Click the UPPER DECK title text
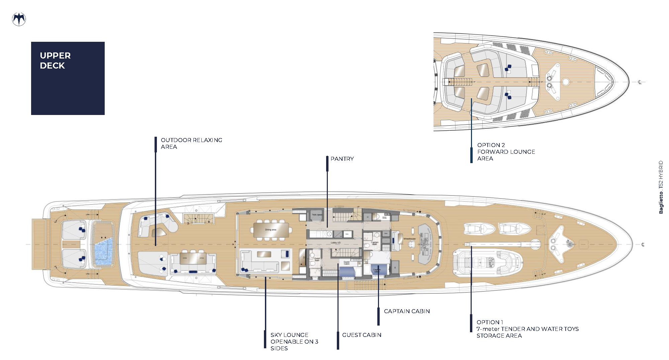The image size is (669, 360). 55,61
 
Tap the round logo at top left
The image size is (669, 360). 19,19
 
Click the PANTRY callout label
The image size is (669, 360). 342,159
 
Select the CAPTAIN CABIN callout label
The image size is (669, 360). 407,311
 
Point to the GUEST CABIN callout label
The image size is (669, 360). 362,335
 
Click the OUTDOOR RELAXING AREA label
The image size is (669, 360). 191,143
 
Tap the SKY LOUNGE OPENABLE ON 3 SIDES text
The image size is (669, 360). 294,342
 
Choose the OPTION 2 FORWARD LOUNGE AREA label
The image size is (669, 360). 506,152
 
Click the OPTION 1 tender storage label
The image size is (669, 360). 527,329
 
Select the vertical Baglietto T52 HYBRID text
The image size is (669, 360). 661,187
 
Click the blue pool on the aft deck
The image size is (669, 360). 103,251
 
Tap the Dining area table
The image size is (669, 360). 271,230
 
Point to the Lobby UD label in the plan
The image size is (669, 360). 336,243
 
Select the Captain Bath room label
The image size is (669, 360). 375,243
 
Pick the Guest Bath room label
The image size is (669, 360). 317,259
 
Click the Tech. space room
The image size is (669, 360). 316,215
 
